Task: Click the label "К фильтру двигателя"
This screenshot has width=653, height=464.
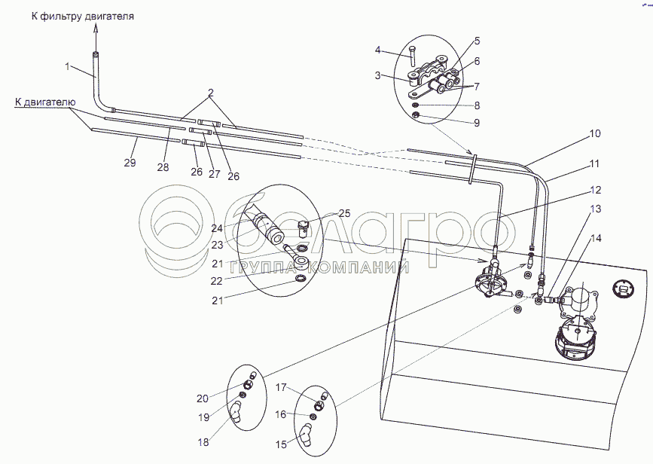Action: tap(82, 17)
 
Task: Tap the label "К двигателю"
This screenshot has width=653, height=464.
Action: tap(45, 102)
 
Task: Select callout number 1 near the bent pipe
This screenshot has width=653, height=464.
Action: tap(68, 66)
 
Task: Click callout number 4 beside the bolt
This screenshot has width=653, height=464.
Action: tap(378, 50)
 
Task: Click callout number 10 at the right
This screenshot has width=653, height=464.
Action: tap(595, 134)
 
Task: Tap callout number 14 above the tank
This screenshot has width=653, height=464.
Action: tap(596, 238)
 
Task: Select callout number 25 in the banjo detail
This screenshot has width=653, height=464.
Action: tap(344, 213)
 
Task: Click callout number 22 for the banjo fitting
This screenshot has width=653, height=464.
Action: tap(217, 281)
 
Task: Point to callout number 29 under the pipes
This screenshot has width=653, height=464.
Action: tap(130, 163)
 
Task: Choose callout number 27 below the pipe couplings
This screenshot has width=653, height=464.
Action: tap(214, 173)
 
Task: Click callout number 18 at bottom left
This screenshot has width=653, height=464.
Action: tap(203, 442)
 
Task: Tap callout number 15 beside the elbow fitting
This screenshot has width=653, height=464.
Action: tap(281, 444)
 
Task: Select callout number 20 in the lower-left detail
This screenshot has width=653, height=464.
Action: tap(203, 398)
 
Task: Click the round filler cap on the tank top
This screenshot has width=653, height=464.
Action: tap(624, 288)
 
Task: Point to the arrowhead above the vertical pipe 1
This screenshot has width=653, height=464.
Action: tap(96, 26)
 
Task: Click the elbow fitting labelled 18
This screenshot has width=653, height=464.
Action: tap(236, 411)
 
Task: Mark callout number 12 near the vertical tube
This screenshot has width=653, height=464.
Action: tap(596, 190)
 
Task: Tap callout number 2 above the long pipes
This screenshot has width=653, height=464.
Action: tap(211, 93)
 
